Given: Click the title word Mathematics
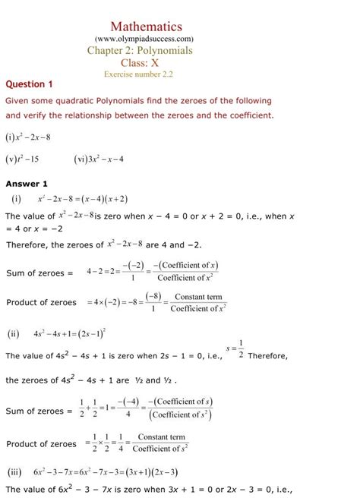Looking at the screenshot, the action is click(146, 27).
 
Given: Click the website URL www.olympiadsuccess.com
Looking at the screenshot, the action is click(144, 38).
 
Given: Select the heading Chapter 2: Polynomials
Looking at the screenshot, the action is click(141, 51).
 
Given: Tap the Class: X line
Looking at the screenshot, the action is click(144, 63).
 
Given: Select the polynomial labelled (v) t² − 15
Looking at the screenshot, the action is click(22, 159).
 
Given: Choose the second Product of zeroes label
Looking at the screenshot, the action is click(42, 443).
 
